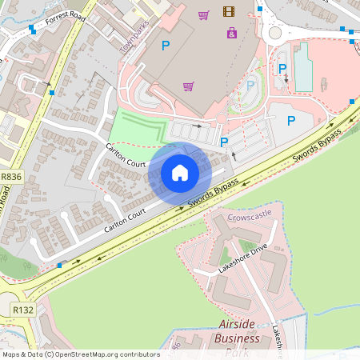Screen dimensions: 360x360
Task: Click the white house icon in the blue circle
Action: [180, 172]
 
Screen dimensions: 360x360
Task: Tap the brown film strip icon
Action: [230, 12]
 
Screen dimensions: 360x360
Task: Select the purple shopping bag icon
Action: [232, 33]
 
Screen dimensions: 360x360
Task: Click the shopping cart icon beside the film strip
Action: [204, 14]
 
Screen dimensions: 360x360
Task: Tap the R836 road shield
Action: [11, 176]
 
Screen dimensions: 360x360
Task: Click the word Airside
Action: [239, 324]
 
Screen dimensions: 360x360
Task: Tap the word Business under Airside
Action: [238, 338]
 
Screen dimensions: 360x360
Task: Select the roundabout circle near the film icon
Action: [277, 34]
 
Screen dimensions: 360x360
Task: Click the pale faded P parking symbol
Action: [250, 85]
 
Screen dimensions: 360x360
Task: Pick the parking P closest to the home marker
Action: [224, 142]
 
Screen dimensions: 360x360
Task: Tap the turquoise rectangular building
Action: [303, 67]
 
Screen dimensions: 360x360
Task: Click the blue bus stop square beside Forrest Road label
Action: [32, 29]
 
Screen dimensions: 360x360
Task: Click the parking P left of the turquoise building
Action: [282, 70]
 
